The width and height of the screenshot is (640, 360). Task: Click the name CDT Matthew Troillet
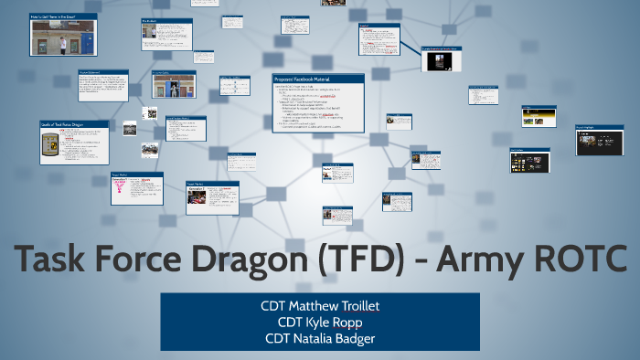point(320,304)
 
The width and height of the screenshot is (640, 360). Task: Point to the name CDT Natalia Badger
point(320,338)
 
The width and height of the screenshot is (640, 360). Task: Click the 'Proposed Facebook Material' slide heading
point(306,79)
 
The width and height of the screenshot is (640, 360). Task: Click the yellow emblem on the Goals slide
point(50,144)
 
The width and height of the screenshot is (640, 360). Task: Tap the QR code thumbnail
point(150,113)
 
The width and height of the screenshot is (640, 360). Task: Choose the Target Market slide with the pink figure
point(136,191)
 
